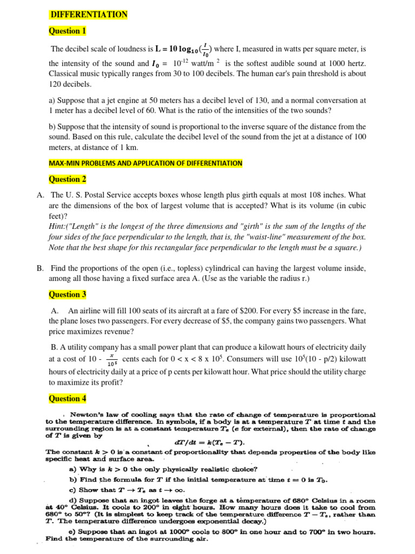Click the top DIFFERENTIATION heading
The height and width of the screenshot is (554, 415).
coord(89,15)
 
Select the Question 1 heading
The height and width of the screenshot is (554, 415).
coord(68,31)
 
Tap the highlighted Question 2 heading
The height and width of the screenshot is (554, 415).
coord(68,179)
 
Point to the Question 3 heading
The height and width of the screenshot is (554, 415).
coord(68,294)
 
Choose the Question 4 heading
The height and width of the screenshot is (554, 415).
coord(68,398)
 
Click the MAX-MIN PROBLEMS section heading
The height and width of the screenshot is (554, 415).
coord(146,163)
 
